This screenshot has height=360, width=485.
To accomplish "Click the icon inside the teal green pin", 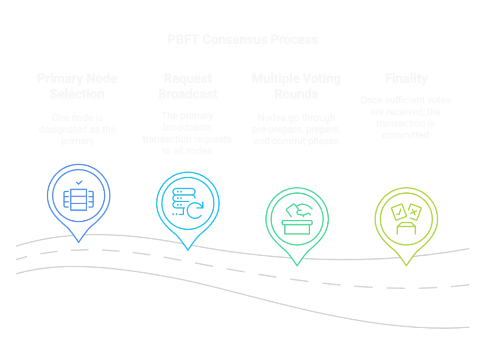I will click(x=297, y=218).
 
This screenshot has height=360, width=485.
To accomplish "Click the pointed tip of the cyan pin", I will click(x=188, y=250).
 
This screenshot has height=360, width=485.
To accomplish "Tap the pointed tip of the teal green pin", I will click(x=297, y=265).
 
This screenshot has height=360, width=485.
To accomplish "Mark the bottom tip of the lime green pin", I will click(x=406, y=266).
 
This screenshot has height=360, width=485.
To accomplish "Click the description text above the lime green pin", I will click(x=406, y=117).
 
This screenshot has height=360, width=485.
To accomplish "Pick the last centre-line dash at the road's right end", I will click(x=458, y=285).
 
